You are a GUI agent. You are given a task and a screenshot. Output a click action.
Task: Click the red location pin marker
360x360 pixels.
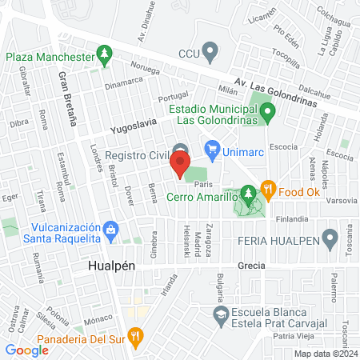[x=179, y=166]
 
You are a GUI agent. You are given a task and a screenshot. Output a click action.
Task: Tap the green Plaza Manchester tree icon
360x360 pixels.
[x=104, y=55]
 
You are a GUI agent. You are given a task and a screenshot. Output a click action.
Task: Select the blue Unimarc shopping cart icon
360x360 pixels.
[x=212, y=148]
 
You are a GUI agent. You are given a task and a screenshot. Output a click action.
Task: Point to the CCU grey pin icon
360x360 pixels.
[x=210, y=54]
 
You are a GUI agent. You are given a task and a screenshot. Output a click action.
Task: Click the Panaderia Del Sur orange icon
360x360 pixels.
[x=137, y=337]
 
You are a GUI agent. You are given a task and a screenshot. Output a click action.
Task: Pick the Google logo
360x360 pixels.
[x=26, y=350]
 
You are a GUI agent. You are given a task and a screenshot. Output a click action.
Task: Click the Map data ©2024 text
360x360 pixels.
[x=325, y=354]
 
